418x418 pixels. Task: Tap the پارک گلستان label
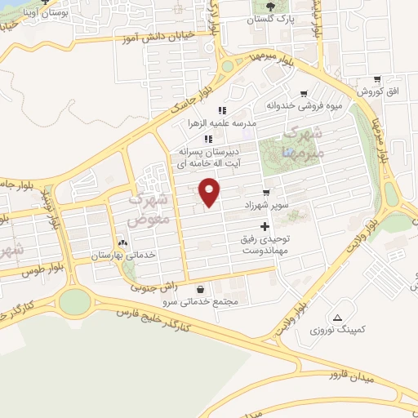pos(273,18)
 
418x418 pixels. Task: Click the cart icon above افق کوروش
pos(376,80)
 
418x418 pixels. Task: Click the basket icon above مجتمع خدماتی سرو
pos(201,288)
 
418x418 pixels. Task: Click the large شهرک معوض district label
pos(150,210)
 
